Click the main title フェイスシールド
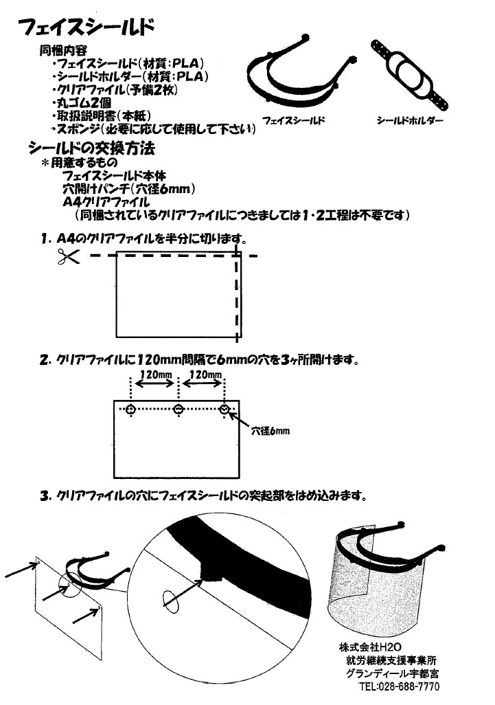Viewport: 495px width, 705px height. coord(86,27)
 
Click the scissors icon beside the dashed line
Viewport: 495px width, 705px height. coord(68,256)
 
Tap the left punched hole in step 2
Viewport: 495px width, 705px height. coord(130,409)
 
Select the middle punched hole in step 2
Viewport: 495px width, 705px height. coord(179,409)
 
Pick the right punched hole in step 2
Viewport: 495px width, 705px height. coord(225,409)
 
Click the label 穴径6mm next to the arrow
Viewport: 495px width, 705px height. coord(270,431)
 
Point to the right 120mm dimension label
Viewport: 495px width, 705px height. coord(205,374)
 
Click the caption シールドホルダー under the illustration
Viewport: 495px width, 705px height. coord(410,120)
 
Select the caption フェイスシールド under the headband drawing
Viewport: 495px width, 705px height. coord(294,120)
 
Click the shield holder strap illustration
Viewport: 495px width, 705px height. coord(409,75)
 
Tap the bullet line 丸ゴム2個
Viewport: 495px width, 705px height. coord(82,103)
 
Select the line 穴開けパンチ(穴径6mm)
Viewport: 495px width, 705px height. coord(129,189)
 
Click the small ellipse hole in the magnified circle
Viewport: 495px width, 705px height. coord(172,602)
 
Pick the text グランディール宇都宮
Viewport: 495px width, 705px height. coord(393,673)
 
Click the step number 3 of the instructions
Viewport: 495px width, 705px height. coord(44,496)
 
